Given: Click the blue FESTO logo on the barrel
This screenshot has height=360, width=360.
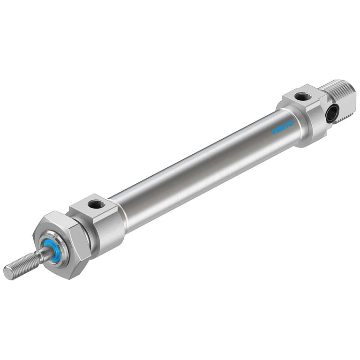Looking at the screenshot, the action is coord(283,127).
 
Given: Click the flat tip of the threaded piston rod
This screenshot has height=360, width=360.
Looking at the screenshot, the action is coord(8,273).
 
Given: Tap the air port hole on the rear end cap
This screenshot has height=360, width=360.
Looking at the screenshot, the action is coord(302,96).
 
